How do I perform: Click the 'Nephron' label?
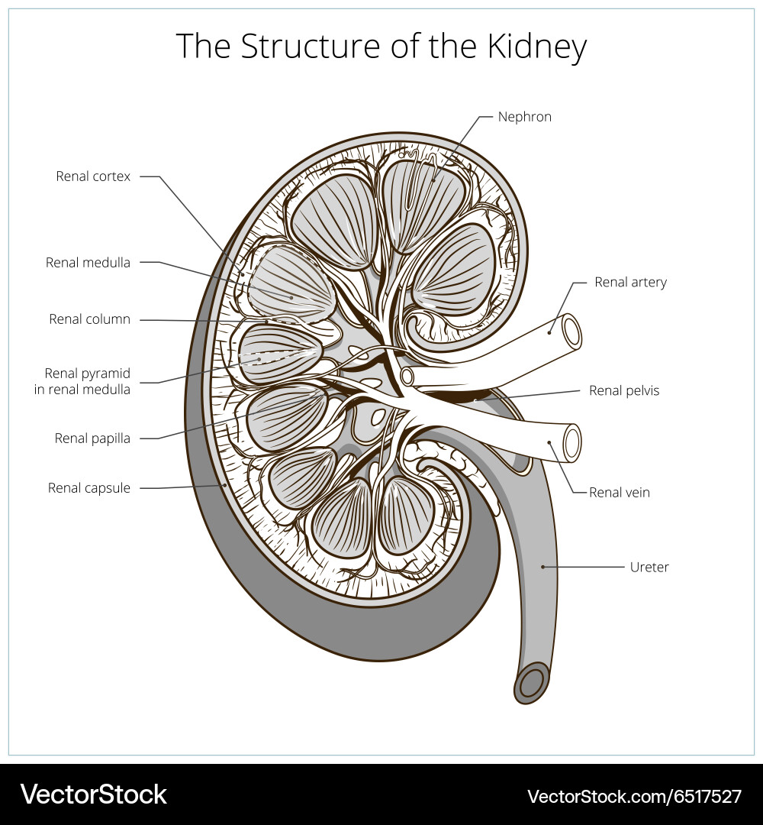tap(524, 117)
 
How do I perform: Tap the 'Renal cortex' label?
tap(93, 176)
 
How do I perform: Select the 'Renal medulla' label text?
tap(88, 263)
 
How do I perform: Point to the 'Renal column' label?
tap(89, 319)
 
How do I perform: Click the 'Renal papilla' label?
tap(92, 438)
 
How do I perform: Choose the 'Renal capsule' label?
tap(89, 488)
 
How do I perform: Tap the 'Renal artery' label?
tap(630, 283)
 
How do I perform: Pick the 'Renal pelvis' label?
tap(623, 391)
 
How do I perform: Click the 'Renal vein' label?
tap(619, 493)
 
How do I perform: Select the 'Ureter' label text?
tap(649, 568)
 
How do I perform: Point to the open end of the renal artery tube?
tap(571, 332)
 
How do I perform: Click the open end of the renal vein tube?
tap(571, 443)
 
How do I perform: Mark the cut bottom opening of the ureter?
tap(532, 682)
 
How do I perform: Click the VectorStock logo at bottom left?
tap(93, 794)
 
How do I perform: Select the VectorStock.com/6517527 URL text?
tap(634, 796)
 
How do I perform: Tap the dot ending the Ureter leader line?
tap(543, 567)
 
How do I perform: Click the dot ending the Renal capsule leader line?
tap(225, 484)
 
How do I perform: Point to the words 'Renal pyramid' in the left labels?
tap(87, 374)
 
